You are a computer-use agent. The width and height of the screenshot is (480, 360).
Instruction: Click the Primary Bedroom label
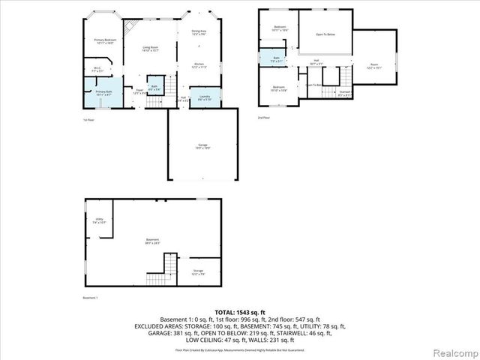[x=104, y=40]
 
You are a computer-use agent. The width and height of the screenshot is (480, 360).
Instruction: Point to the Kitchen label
[x=199, y=66]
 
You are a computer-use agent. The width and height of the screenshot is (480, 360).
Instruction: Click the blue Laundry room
[x=204, y=98]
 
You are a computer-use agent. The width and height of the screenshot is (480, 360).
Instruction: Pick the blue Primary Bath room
[x=103, y=94]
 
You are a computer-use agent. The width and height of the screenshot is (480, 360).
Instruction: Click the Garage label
[x=202, y=148]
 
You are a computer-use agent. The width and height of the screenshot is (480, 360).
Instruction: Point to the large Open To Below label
[x=325, y=34]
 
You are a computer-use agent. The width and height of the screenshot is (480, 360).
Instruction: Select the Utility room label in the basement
[x=100, y=221]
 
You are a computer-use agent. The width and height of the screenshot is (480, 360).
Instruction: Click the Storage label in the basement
[x=198, y=271]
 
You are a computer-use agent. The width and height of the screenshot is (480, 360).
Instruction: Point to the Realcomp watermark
[x=453, y=352]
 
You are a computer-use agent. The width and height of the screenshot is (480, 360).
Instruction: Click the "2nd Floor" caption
[x=262, y=118]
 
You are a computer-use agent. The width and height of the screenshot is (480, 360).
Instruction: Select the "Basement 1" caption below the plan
[x=90, y=298]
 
